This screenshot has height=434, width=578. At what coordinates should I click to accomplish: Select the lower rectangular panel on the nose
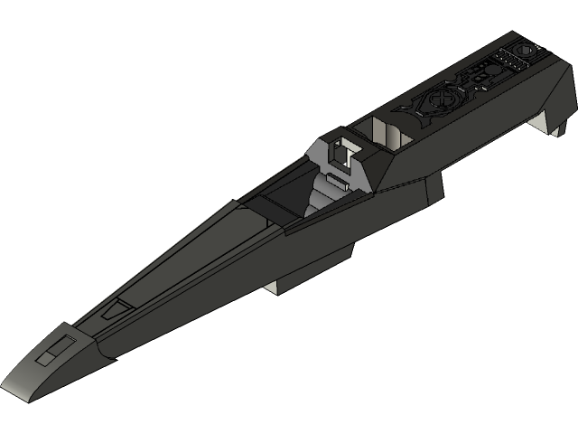(x=44, y=357)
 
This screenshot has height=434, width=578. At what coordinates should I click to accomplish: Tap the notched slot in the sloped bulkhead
(x=341, y=151)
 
